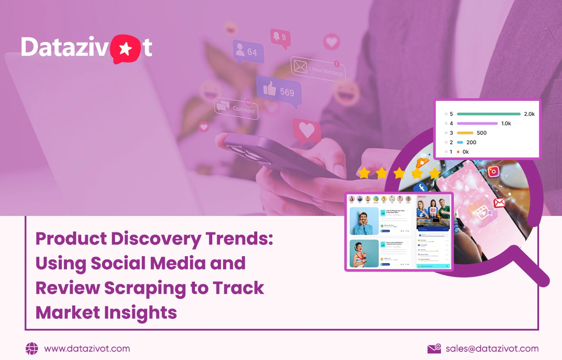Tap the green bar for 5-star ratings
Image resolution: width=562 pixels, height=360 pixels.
coord(489,114)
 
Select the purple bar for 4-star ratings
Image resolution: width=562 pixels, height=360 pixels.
coord(477,123)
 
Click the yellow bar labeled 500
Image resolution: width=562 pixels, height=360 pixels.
coord(465,133)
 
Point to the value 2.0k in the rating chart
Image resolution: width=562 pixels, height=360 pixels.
coord(529,114)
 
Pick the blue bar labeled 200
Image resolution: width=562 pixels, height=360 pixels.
coord(460,142)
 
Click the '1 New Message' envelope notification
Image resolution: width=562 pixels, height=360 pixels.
coord(319,69)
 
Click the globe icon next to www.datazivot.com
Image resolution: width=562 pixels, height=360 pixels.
coord(32,349)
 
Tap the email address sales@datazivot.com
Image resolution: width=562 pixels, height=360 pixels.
coord(492,349)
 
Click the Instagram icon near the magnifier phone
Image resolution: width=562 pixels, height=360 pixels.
coord(493,172)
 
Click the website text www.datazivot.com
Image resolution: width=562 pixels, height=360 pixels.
coord(87,349)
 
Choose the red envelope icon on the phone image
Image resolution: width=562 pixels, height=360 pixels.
coord(499,202)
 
